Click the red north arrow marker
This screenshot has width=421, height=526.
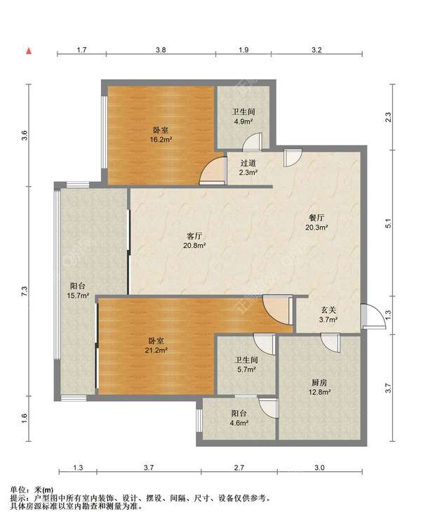[x=29, y=51]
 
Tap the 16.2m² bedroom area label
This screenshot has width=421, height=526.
[x=161, y=139]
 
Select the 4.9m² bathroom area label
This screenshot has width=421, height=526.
[x=243, y=121]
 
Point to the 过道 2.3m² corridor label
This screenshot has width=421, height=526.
[x=248, y=168]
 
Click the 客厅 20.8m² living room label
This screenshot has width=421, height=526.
[x=194, y=240]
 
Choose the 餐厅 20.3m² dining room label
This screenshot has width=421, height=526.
[x=316, y=223]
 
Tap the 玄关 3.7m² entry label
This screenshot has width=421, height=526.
[x=328, y=315]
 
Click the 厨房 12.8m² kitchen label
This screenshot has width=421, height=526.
[x=319, y=387]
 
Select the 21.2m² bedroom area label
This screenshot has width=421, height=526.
[x=156, y=350]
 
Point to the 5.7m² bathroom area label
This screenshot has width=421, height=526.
[x=246, y=369]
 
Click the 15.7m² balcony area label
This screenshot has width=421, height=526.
[x=78, y=296]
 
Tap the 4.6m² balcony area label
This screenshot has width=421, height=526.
[x=239, y=423]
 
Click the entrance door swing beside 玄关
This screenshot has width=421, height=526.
[x=373, y=315]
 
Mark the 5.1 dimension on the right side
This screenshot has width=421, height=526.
[x=388, y=223]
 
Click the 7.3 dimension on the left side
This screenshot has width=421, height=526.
[x=24, y=291]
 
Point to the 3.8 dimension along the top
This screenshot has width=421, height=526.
[x=161, y=50]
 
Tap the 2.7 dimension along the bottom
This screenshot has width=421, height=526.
[x=239, y=467]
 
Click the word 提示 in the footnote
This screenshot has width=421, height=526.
[x=17, y=499]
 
